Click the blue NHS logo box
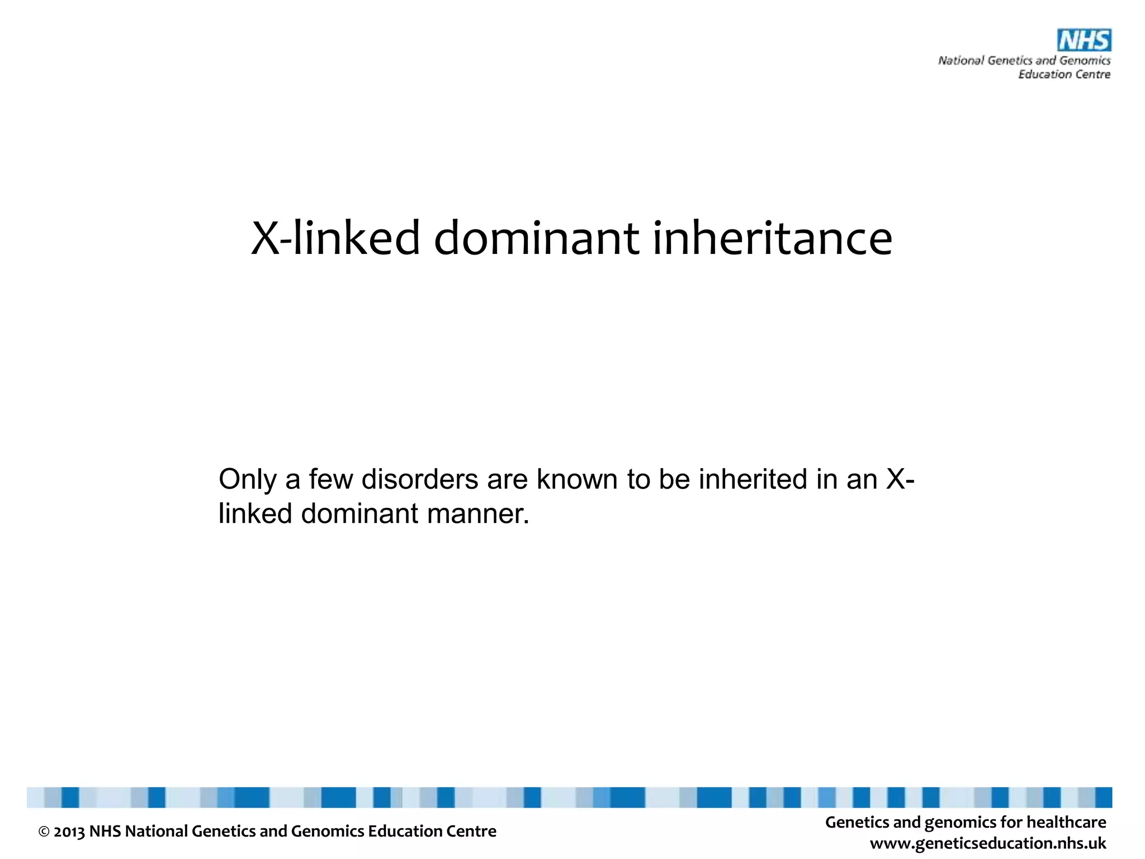point(1084,40)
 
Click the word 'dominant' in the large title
point(536,238)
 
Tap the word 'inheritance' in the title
point(772,238)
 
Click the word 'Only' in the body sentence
point(247,479)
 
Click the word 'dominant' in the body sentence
point(359,513)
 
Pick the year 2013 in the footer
point(69,832)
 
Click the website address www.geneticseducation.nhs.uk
point(988,843)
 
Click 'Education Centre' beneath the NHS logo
point(1063,74)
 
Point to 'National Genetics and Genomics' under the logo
point(1024,60)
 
